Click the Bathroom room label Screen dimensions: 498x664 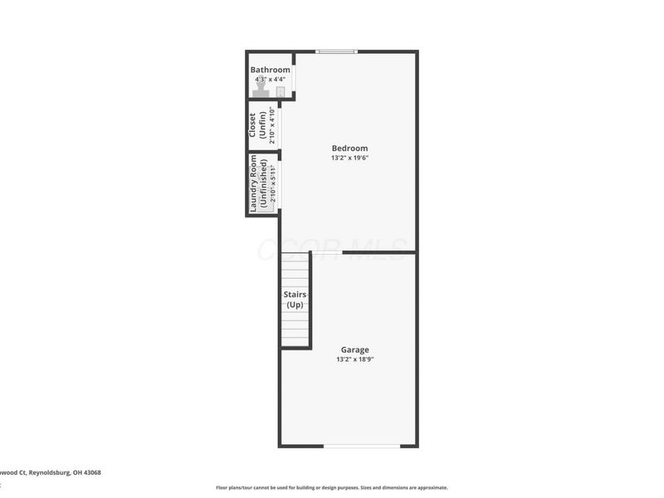click(x=271, y=70)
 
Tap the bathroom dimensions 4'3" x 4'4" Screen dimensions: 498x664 click(x=271, y=79)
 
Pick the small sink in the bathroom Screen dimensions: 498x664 click(x=281, y=91)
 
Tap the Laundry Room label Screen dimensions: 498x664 click(x=254, y=183)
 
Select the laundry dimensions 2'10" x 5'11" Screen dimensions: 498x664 click(x=272, y=183)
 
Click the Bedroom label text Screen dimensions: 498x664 click(x=349, y=149)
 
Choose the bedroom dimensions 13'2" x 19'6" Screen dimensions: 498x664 click(x=349, y=158)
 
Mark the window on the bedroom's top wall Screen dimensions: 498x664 click(x=337, y=51)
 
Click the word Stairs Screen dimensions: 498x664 click(x=295, y=295)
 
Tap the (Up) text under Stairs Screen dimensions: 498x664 click(x=295, y=305)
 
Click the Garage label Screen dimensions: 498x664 click(x=354, y=349)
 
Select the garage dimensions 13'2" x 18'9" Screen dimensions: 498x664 click(x=354, y=359)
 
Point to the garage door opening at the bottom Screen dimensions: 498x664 click(x=361, y=446)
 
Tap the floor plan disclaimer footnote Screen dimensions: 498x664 click(x=332, y=487)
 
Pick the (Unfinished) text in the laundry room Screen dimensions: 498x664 click(x=263, y=183)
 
